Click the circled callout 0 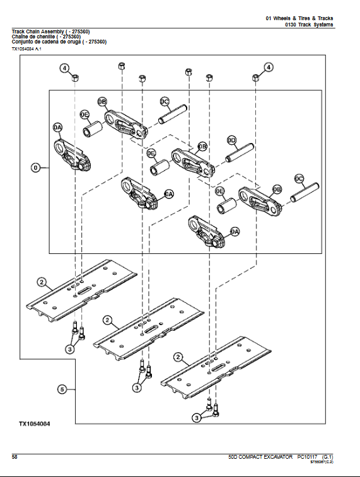[x=36, y=168]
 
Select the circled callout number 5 [x=62, y=390]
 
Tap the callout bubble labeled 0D [x=231, y=140]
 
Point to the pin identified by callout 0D [x=238, y=152]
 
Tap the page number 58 [x=15, y=456]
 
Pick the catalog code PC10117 [x=309, y=456]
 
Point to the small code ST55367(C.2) [x=322, y=462]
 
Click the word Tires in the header [x=299, y=18]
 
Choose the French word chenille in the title [x=45, y=37]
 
